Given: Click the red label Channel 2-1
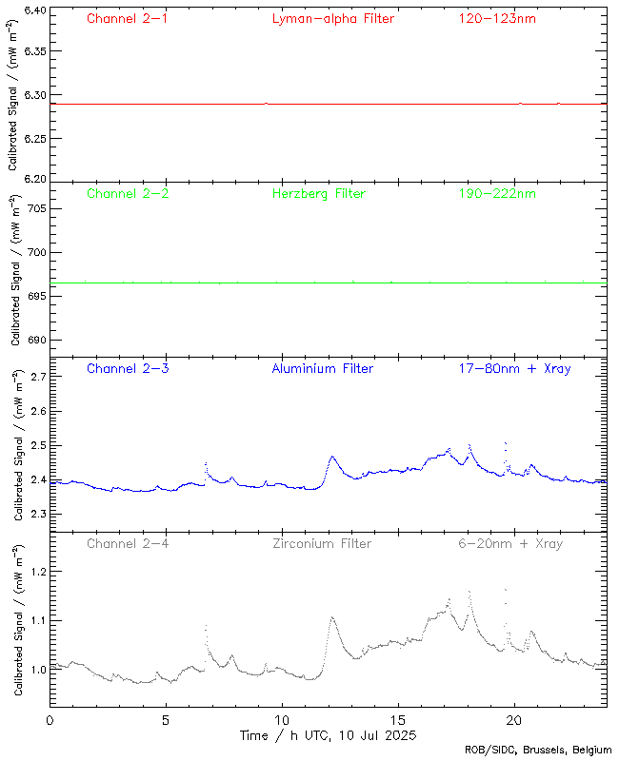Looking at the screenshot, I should (x=128, y=18).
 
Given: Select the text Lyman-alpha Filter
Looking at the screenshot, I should (x=332, y=18).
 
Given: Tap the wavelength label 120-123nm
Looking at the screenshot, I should (x=497, y=18).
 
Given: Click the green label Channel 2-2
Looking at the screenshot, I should (x=128, y=193).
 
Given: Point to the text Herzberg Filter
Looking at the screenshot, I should (x=318, y=193).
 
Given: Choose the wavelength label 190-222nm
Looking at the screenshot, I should (x=497, y=193).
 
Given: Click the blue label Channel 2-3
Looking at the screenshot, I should (x=128, y=368).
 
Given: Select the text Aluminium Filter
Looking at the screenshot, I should (x=323, y=368).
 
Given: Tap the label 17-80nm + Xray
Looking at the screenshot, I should (x=514, y=368).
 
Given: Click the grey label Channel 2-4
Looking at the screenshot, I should (x=128, y=543).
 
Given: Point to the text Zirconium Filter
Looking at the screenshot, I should (x=321, y=543).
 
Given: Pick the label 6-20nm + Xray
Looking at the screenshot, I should (x=510, y=543).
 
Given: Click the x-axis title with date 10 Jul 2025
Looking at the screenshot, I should (x=328, y=735).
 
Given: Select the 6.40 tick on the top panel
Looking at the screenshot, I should (x=34, y=10).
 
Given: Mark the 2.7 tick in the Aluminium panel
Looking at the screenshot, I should (x=38, y=378).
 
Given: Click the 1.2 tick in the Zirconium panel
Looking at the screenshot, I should (x=38, y=571).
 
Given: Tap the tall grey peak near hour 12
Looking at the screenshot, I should (x=332, y=618).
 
